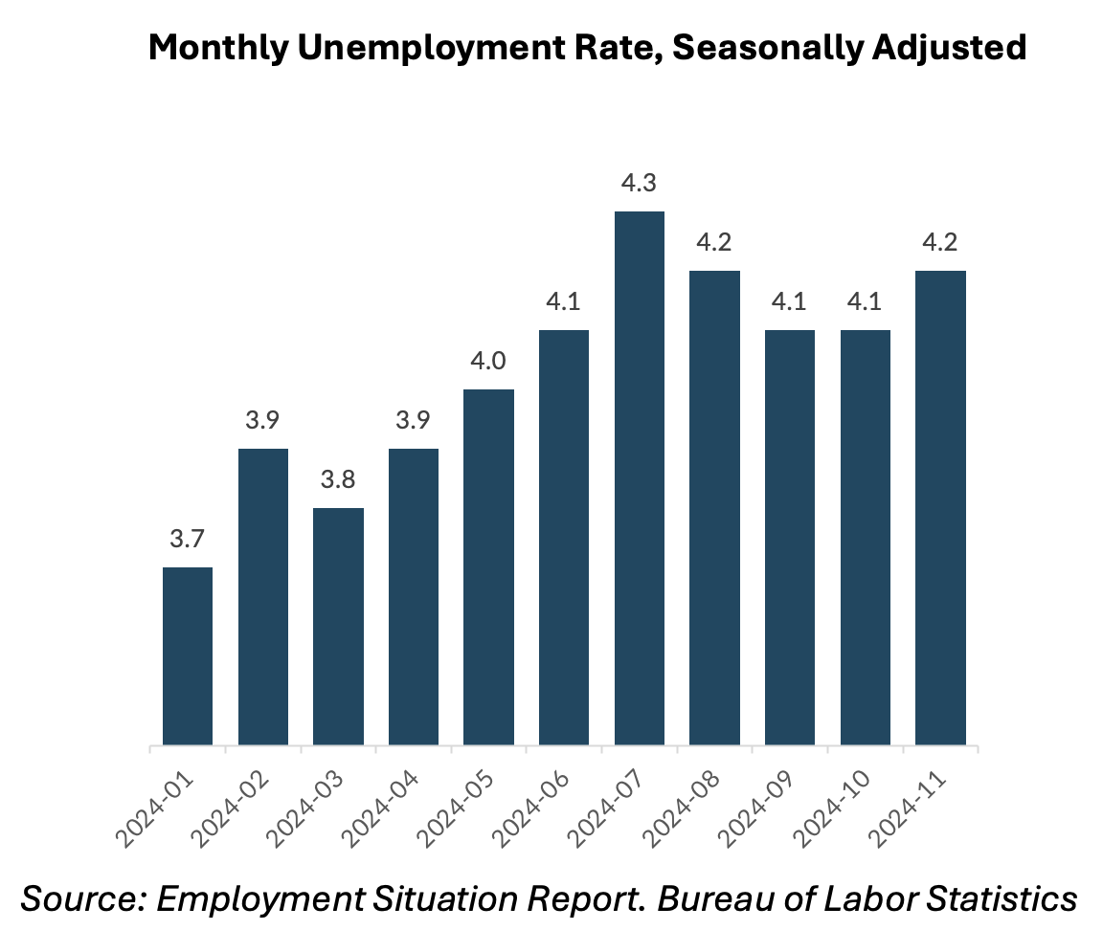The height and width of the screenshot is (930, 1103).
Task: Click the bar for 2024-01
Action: click(188, 655)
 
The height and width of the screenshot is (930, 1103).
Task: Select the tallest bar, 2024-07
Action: click(639, 478)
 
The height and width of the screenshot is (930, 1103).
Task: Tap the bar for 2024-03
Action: click(338, 627)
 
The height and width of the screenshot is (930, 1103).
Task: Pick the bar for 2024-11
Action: click(940, 507)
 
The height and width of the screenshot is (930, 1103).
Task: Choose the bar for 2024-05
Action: click(488, 566)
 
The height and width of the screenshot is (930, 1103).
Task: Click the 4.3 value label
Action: click(639, 183)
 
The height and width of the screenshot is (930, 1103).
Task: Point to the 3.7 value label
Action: click(188, 540)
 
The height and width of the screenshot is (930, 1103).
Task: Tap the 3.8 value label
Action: click(338, 480)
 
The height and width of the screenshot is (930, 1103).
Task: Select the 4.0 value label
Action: click(488, 362)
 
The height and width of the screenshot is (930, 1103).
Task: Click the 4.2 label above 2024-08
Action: click(714, 242)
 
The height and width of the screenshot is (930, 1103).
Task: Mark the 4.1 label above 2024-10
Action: click(865, 302)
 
